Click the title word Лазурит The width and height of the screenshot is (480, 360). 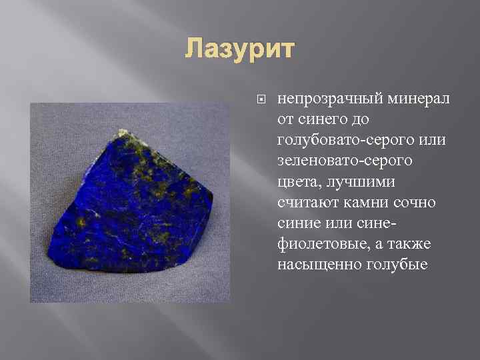pyautogui.click(x=239, y=49)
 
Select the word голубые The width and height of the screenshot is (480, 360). pyautogui.click(x=397, y=264)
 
